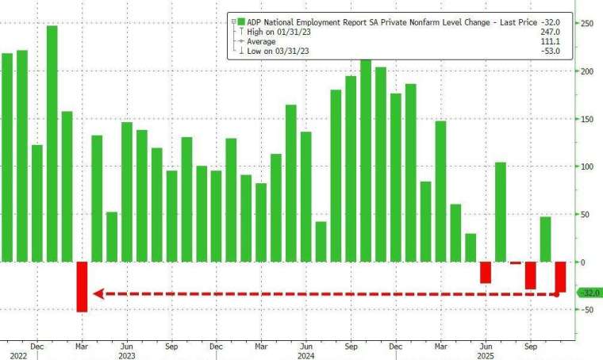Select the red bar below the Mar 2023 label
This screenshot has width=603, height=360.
click(x=82, y=286)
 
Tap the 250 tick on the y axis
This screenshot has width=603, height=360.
click(x=586, y=24)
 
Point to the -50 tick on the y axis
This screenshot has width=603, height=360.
click(x=586, y=310)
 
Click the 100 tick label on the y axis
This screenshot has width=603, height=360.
click(x=586, y=167)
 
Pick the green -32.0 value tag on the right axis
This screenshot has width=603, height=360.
click(x=590, y=293)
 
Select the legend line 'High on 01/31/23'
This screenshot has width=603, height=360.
click(x=275, y=31)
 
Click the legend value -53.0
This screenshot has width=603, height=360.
click(x=550, y=51)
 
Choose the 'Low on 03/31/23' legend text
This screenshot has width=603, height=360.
click(x=274, y=51)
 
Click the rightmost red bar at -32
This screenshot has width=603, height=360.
click(x=560, y=277)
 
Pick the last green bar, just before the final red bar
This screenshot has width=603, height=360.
click(x=545, y=239)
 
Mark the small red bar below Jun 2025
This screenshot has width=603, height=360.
click(x=486, y=271)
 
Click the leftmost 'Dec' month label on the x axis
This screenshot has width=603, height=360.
click(x=36, y=347)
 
